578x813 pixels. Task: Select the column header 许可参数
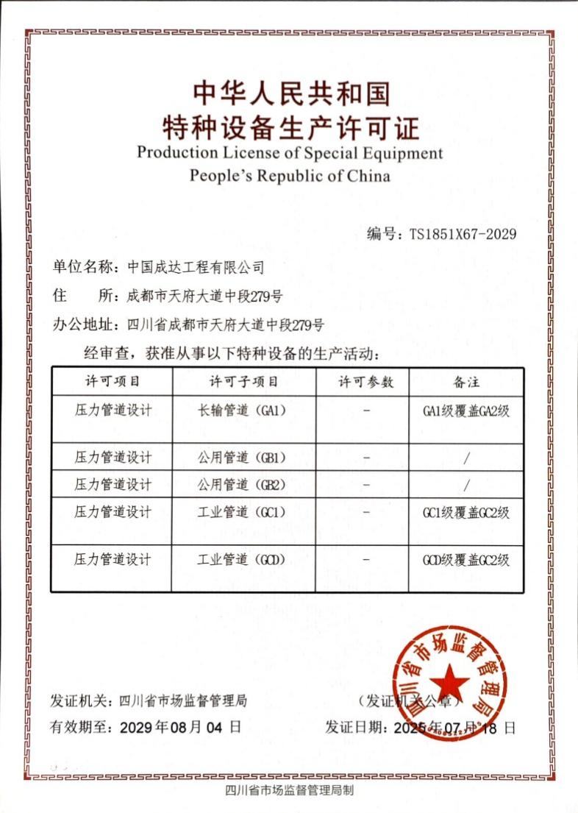(x=365, y=383)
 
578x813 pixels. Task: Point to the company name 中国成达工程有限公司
(x=195, y=267)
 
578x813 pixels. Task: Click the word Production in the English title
(x=177, y=153)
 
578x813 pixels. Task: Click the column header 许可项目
(x=113, y=383)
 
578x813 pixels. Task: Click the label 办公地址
(x=82, y=324)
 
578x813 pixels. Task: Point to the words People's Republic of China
(x=290, y=176)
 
